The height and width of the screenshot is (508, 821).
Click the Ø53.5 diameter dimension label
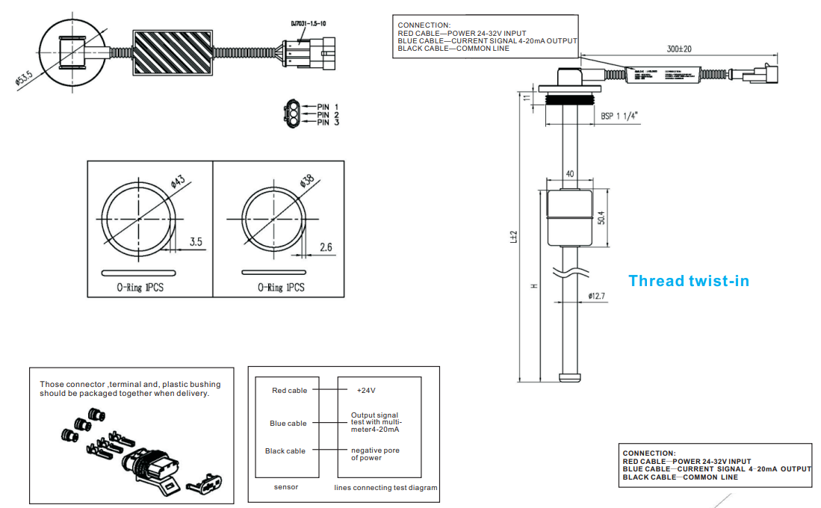point(25,79)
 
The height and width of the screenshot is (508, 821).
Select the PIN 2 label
point(328,115)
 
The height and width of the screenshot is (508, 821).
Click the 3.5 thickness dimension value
point(196,242)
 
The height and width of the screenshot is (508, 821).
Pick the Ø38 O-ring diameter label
point(307,182)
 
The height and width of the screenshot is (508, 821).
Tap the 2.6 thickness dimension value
point(326,247)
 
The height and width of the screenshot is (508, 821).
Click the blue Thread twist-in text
point(688,281)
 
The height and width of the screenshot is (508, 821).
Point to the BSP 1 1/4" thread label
point(621,116)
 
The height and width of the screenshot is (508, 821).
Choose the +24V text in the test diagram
point(367,390)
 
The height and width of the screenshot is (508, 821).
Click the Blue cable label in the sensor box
point(288,424)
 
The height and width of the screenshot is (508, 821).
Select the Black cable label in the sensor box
point(285,451)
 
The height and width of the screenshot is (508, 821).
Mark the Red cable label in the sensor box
point(289,391)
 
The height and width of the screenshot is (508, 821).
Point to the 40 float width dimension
point(570,174)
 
